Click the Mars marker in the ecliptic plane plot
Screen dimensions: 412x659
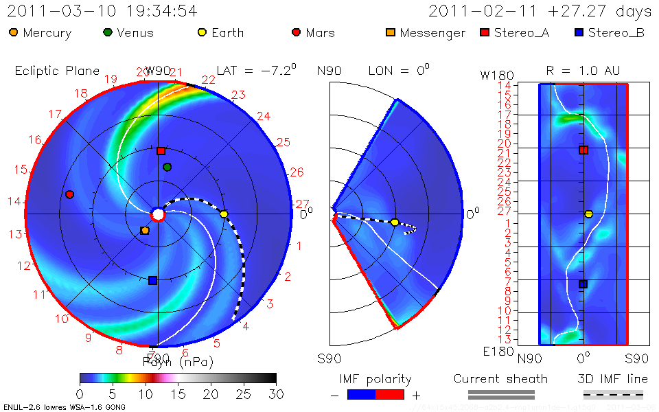(x=69, y=194)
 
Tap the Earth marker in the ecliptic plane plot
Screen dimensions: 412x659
(x=224, y=214)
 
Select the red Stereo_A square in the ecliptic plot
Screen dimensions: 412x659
(x=161, y=151)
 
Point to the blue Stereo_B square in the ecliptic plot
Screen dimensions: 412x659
(x=152, y=280)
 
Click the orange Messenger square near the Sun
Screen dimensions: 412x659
(x=144, y=231)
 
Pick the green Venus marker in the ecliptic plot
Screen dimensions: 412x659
(x=167, y=167)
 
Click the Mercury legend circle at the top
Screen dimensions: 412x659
(x=14, y=32)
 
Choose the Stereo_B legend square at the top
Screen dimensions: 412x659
(x=579, y=32)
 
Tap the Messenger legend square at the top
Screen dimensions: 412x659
(x=391, y=32)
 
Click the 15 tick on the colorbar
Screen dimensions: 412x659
(x=178, y=394)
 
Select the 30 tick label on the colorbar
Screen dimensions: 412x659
(x=276, y=394)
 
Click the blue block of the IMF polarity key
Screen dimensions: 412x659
(x=361, y=395)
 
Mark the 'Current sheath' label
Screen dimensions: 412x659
(x=500, y=379)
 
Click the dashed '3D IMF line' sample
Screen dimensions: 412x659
(x=613, y=395)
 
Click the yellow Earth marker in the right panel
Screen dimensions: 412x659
(x=588, y=214)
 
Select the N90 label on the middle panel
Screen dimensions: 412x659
(x=329, y=70)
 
